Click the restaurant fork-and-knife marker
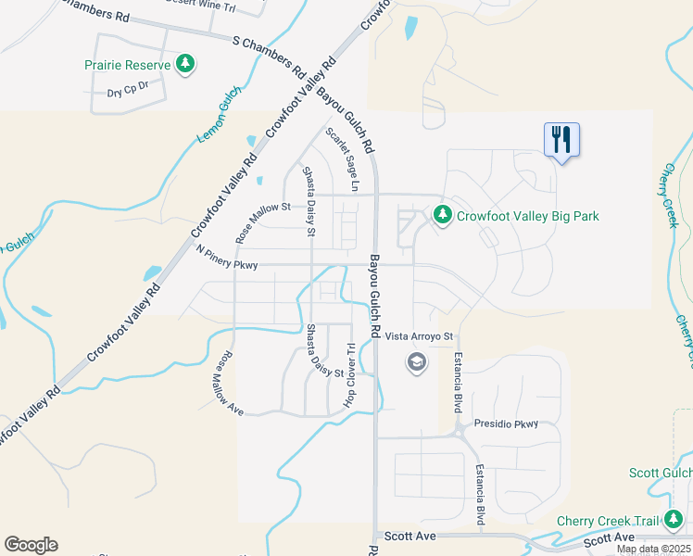pos(561,140)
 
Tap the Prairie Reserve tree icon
pos(186,64)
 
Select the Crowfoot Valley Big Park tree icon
pos(443,215)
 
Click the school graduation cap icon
pos(415,361)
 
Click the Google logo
pos(31,545)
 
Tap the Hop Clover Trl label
pos(350,375)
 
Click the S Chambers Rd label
pos(269,56)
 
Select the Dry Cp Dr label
pos(129,93)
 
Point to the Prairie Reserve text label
pos(128,65)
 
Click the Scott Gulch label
pos(660,473)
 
